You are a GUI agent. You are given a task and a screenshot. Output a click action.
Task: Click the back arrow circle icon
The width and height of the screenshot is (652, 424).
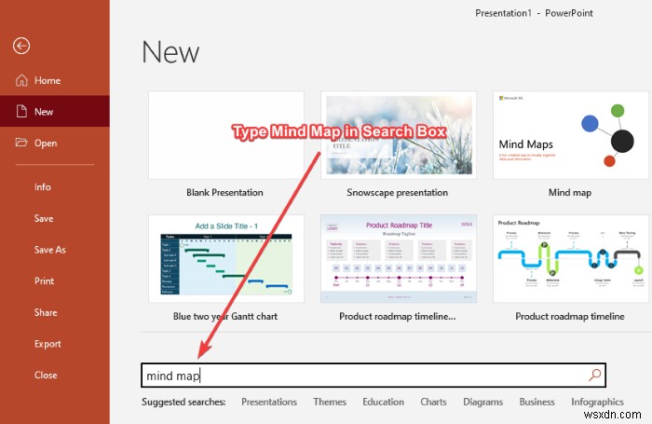[21, 46]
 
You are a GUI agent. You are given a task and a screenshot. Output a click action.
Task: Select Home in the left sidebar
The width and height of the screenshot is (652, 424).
[47, 81]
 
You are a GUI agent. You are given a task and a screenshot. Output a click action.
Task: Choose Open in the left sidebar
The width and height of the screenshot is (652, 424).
[45, 143]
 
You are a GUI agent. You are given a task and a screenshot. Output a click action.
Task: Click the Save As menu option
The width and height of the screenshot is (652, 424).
[49, 250]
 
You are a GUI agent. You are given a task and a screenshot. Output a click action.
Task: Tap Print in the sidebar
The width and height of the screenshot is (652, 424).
[44, 280]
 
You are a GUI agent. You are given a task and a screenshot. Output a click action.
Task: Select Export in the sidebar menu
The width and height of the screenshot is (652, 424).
[48, 344]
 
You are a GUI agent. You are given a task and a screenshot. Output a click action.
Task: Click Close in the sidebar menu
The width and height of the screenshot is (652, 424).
[46, 375]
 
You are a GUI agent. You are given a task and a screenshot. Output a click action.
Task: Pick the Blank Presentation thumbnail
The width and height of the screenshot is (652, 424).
[225, 134]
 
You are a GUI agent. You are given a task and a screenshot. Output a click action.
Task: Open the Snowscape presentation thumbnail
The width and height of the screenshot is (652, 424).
[398, 134]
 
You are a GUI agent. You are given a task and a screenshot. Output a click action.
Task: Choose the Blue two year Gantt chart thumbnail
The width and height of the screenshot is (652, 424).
[225, 258]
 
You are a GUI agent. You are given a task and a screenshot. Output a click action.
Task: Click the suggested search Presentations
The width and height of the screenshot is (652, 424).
[269, 402]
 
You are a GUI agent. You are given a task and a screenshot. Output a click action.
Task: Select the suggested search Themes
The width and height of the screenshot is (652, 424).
[329, 402]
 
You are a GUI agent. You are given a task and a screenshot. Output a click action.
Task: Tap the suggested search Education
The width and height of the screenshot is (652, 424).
[383, 402]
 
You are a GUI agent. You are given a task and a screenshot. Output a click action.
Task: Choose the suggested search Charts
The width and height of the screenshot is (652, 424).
[433, 402]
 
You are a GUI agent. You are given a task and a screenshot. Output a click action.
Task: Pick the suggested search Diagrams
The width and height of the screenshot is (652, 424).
[482, 402]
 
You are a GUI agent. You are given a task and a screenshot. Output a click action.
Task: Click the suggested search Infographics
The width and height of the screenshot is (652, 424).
[597, 402]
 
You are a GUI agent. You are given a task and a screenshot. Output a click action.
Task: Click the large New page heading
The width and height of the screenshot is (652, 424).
[170, 51]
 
